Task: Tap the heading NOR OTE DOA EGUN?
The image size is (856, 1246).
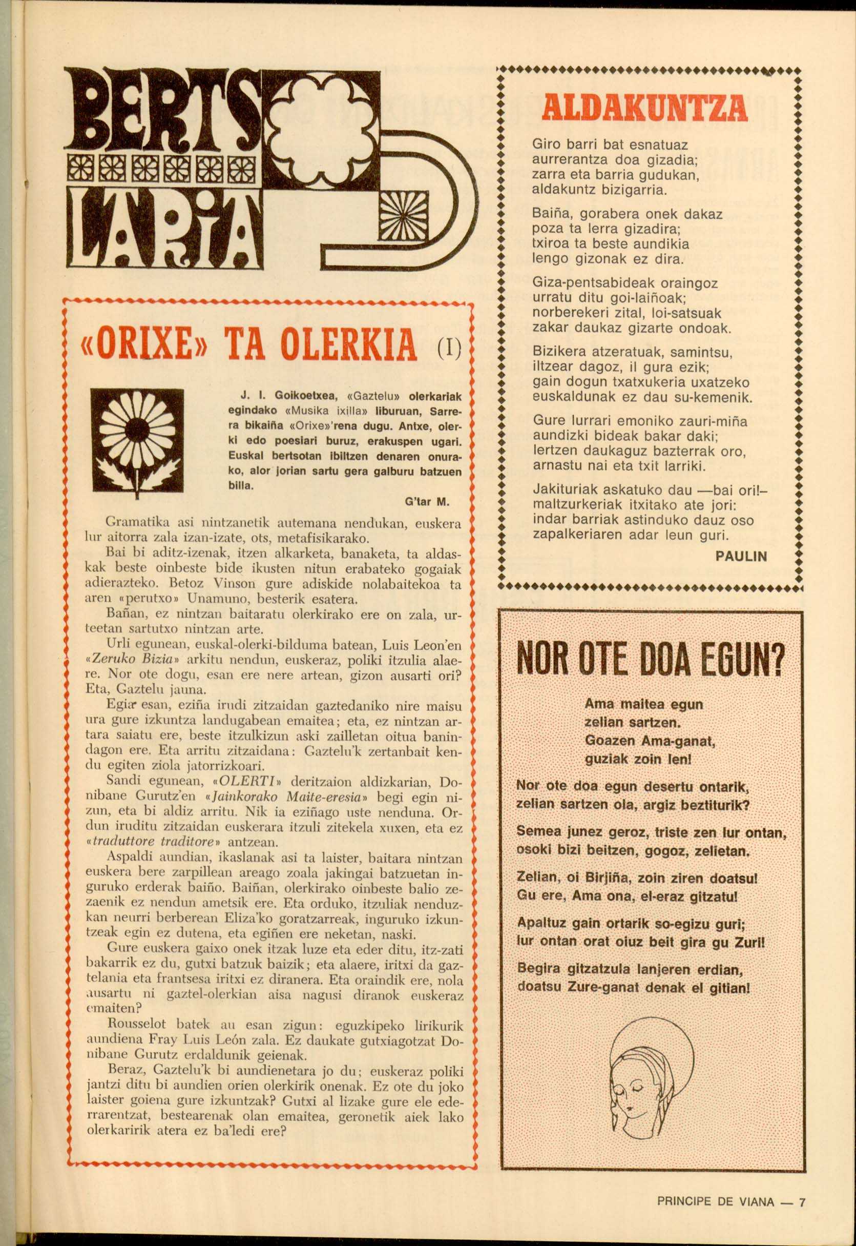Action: tap(650, 664)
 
